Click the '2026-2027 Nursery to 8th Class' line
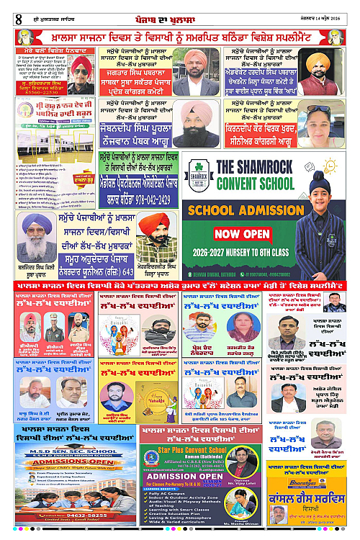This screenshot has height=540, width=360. click(235, 253)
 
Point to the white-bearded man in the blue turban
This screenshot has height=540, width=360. click(34, 238)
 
